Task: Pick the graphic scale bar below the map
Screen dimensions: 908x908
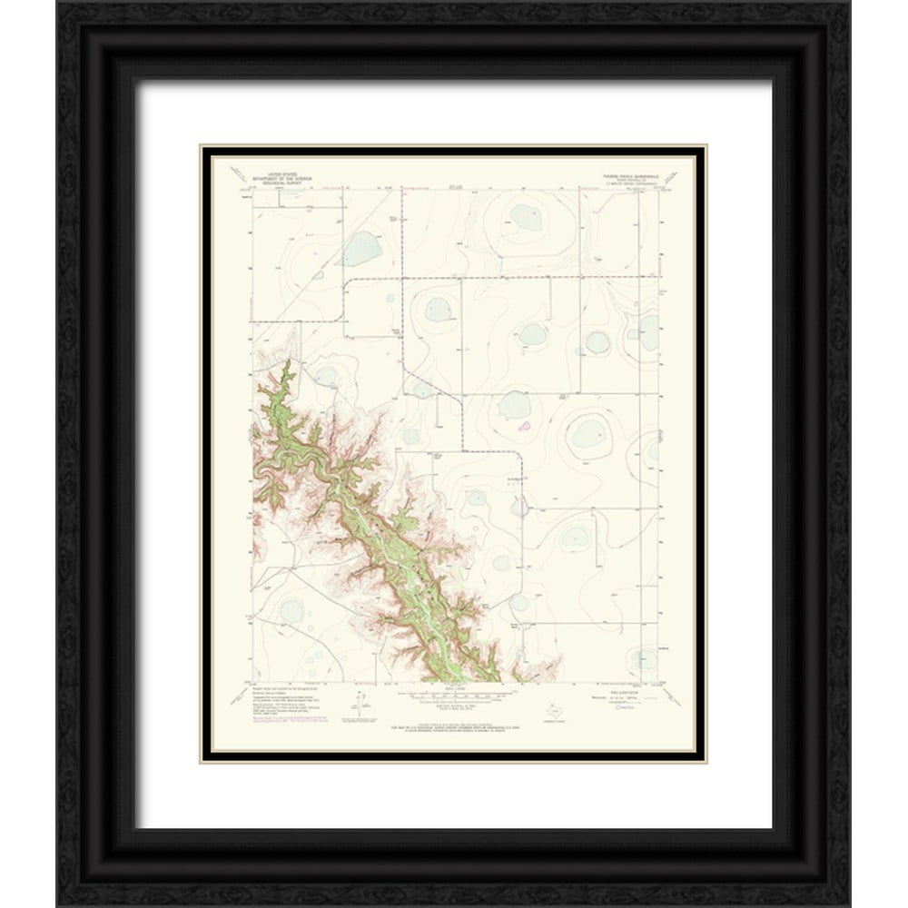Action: click(451, 692)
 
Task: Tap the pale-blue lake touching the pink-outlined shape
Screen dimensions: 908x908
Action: click(514, 409)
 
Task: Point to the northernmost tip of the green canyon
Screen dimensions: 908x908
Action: click(288, 362)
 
